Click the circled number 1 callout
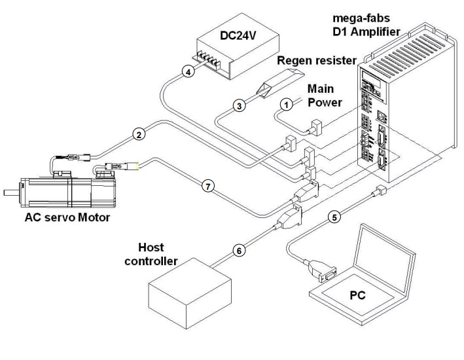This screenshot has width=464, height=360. (285, 103)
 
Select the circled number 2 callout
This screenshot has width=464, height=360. (138, 135)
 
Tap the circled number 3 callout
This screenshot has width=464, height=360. (240, 105)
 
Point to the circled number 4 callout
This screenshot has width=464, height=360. (187, 73)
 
